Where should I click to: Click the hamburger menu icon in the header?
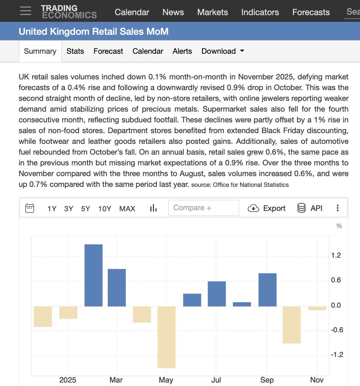[x=25, y=11]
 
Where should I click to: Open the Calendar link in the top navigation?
[x=132, y=12]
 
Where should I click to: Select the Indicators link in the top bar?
[x=260, y=12]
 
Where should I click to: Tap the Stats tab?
[x=75, y=51]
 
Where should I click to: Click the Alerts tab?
[x=182, y=51]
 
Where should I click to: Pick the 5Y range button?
[x=85, y=208]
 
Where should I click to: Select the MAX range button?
[x=127, y=208]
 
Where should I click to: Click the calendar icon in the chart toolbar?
[x=30, y=208]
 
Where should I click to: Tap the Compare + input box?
[x=203, y=208]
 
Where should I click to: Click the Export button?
[x=266, y=208]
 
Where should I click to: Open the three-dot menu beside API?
[x=337, y=208]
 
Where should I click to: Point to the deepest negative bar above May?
[x=166, y=337]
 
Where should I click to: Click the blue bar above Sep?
[x=267, y=289]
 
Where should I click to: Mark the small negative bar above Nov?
[x=317, y=308]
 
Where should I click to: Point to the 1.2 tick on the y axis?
[x=336, y=255]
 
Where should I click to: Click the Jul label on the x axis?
[x=216, y=380]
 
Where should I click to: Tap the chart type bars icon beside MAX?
[x=153, y=208]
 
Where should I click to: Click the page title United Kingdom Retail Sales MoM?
[x=93, y=32]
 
